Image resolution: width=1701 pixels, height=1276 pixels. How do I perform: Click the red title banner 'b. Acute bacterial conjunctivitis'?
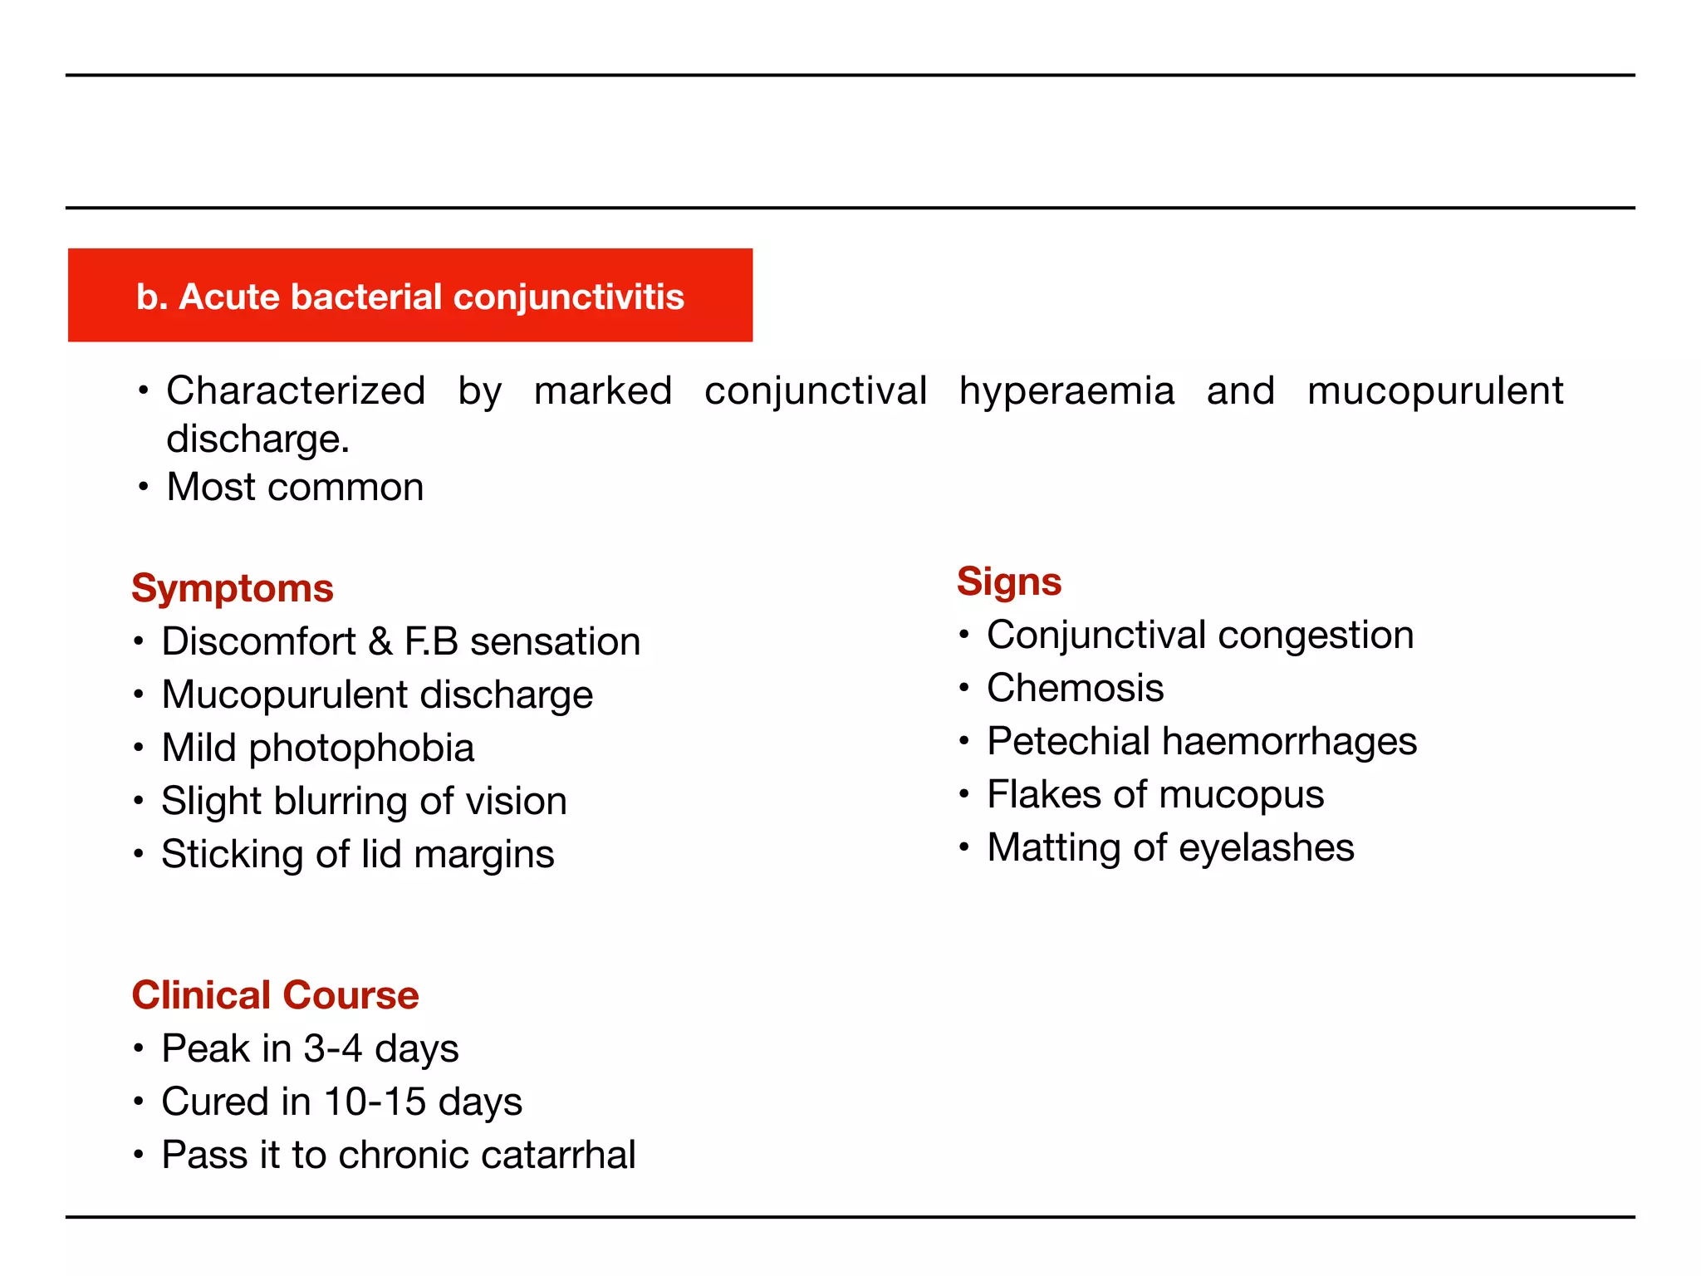pyautogui.click(x=410, y=296)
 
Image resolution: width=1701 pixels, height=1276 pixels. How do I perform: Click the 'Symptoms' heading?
pyautogui.click(x=233, y=588)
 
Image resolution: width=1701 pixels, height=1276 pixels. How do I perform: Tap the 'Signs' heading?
pyautogui.click(x=1009, y=582)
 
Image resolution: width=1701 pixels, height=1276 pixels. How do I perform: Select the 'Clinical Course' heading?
pyautogui.click(x=275, y=995)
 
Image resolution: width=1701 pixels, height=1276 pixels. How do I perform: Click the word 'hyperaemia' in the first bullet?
pyautogui.click(x=1066, y=391)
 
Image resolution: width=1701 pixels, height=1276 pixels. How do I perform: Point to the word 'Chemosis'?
pyautogui.click(x=1075, y=688)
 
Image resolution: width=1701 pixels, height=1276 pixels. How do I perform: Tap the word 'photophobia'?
pyautogui.click(x=361, y=748)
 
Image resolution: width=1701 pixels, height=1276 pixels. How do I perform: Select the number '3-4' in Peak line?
pyautogui.click(x=332, y=1048)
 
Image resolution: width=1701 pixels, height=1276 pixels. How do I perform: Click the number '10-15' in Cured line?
pyautogui.click(x=375, y=1102)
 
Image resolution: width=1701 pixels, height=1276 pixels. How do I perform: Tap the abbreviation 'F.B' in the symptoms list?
pyautogui.click(x=431, y=642)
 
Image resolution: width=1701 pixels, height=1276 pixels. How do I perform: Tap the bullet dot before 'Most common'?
pyautogui.click(x=144, y=487)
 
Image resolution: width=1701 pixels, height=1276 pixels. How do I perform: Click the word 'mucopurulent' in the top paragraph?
pyautogui.click(x=1434, y=391)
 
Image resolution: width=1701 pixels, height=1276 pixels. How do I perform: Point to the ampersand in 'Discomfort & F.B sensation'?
pyautogui.click(x=380, y=642)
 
